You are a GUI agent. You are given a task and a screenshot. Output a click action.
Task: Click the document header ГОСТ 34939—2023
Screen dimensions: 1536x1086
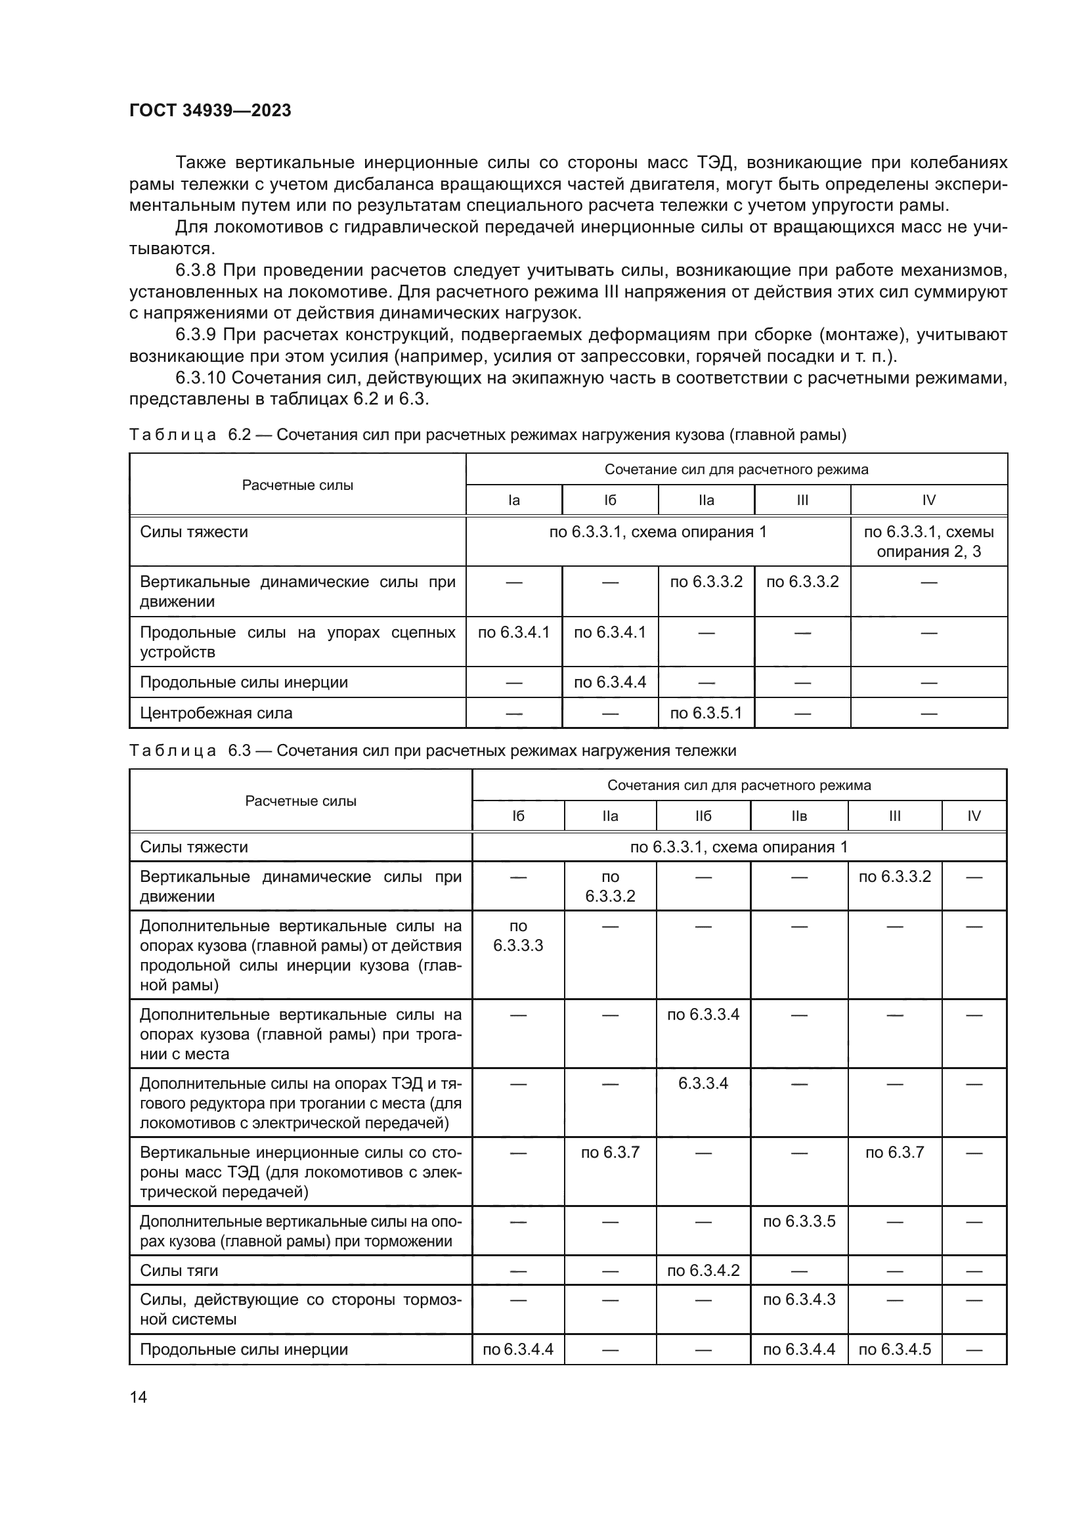[210, 111]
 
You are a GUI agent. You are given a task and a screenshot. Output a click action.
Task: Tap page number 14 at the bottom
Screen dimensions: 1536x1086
[139, 1397]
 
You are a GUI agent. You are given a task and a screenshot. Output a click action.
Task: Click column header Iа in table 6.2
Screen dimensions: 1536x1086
[513, 500]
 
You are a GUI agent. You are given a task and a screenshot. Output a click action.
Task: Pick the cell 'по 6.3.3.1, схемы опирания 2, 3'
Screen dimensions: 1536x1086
[928, 541]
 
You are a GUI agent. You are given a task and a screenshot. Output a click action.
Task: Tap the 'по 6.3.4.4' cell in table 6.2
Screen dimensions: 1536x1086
[610, 682]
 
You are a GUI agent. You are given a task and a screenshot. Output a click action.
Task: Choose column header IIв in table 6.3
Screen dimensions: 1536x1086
[799, 816]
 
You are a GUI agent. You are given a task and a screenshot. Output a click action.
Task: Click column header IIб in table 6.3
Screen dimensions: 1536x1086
[703, 816]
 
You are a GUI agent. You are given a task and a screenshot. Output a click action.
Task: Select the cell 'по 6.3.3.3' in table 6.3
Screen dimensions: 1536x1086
[517, 935]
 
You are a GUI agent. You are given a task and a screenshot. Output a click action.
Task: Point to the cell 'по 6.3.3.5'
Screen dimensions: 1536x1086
[799, 1221]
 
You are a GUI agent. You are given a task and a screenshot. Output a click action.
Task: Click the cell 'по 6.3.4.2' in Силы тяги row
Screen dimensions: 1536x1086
[703, 1271]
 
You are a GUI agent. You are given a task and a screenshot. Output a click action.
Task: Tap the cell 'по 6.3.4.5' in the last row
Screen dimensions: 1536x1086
[894, 1349]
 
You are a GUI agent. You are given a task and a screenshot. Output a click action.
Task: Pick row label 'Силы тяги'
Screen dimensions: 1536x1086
[179, 1271]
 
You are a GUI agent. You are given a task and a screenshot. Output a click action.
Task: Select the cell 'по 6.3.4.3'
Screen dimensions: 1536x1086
[799, 1299]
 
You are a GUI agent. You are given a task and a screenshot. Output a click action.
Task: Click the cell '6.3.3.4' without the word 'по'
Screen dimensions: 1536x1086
[703, 1083]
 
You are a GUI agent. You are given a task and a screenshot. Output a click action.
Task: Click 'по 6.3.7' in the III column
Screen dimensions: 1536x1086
[894, 1152]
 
